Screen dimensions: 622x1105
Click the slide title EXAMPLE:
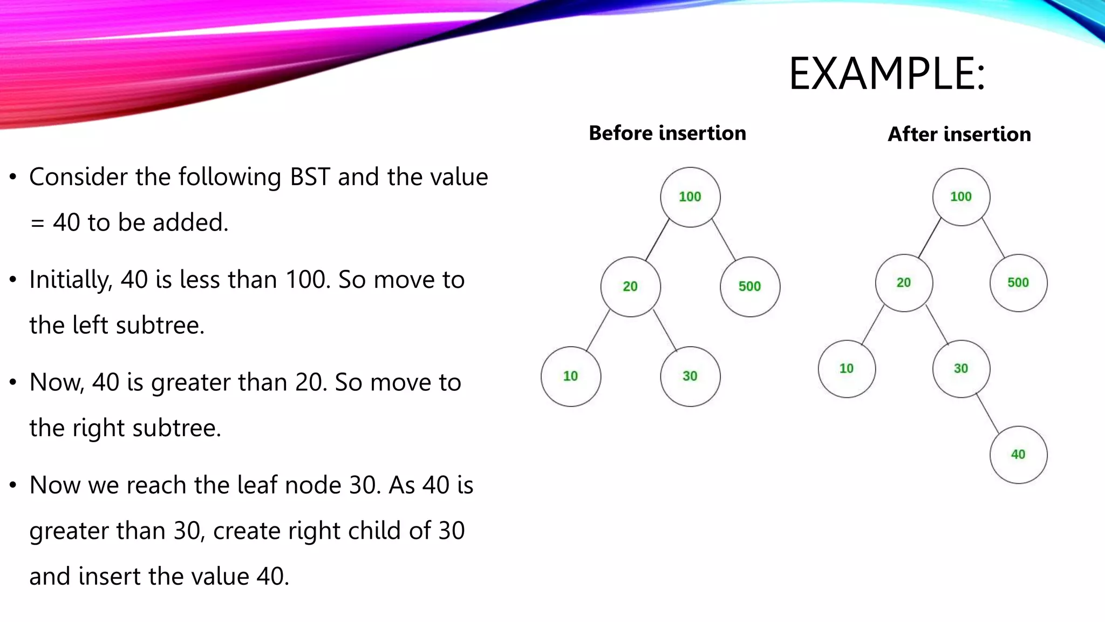886,74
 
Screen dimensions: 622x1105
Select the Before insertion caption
667,133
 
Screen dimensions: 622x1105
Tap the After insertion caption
959,134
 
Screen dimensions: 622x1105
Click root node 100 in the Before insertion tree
690,197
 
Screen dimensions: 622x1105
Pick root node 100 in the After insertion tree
961,197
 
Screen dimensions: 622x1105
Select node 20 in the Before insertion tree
630,287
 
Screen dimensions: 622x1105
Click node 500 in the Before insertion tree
750,287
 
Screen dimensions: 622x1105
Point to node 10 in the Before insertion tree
571,376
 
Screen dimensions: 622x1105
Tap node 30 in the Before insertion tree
690,376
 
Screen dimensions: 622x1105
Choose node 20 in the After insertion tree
904,283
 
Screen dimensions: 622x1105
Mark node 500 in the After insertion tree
1018,283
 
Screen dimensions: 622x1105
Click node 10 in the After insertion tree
847,369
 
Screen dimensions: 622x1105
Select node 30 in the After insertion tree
961,369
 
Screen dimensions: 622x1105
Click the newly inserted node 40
1018,455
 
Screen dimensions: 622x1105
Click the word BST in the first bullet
310,177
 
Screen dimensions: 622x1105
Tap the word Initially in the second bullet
70,280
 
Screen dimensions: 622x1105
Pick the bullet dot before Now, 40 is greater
13,382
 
